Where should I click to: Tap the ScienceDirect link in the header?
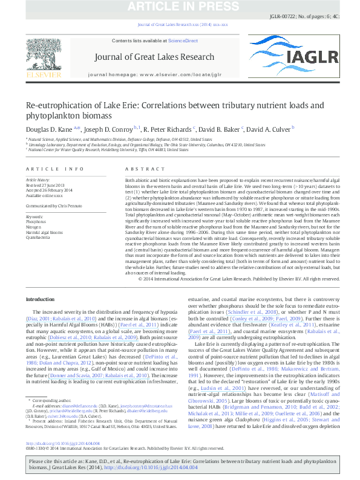pyautogui.click(x=183, y=41)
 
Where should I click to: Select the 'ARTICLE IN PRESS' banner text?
pyautogui.click(x=180, y=7)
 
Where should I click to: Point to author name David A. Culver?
pyautogui.click(x=270, y=128)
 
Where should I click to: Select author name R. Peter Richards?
pyautogui.click(x=169, y=128)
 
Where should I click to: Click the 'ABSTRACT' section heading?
pyautogui.click(x=140, y=169)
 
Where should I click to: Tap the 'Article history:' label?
pyautogui.click(x=38, y=180)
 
